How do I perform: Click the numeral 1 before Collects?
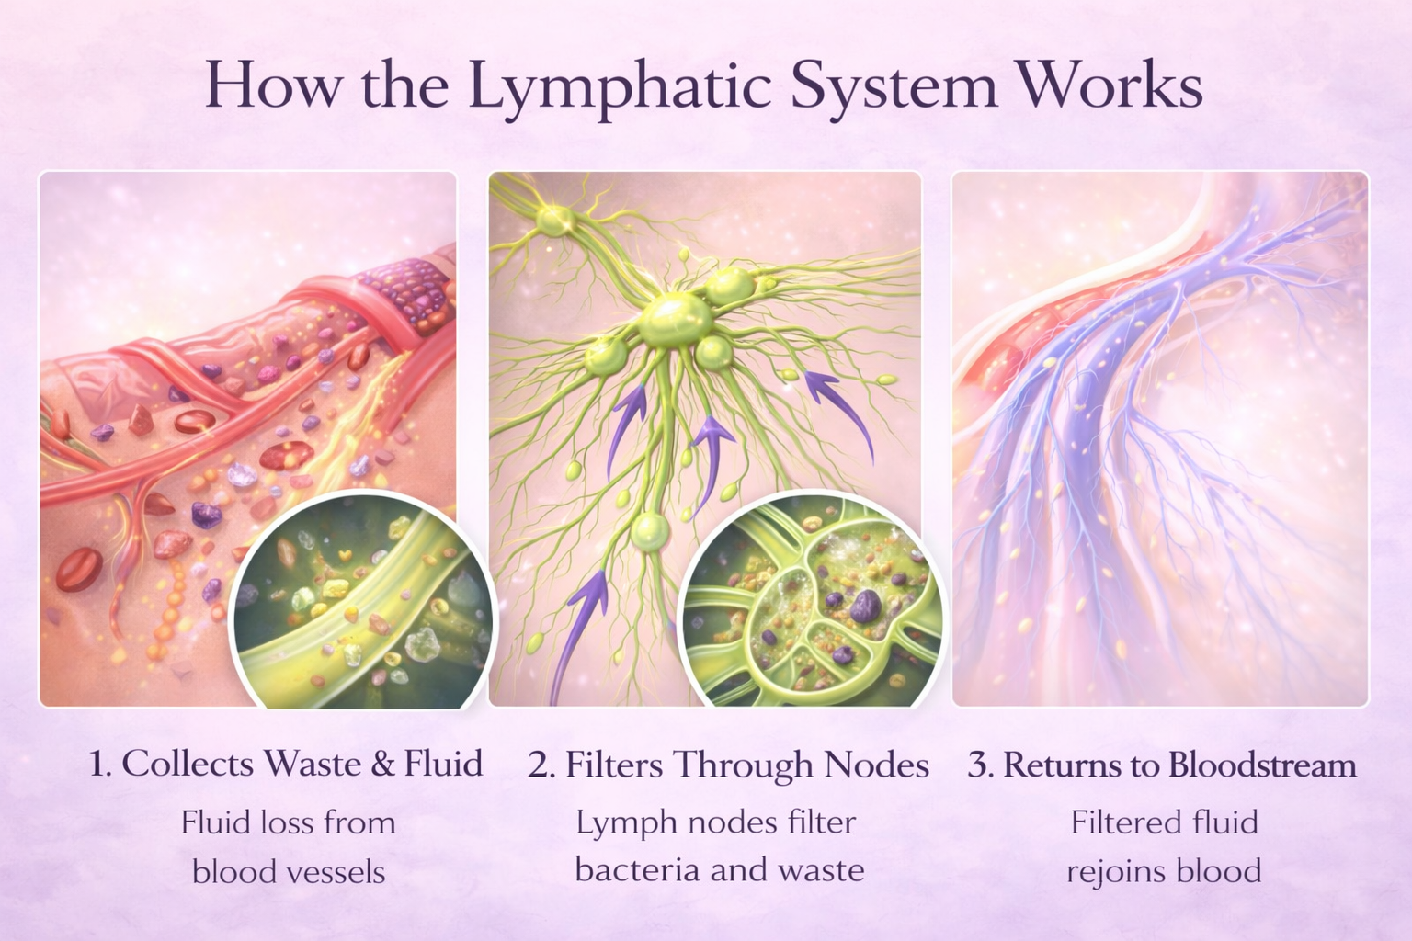pyautogui.click(x=99, y=765)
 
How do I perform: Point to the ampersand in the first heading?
pyautogui.click(x=381, y=765)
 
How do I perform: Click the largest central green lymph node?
pyautogui.click(x=676, y=318)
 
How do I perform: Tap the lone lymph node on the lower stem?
pyautogui.click(x=651, y=530)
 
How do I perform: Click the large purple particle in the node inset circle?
pyautogui.click(x=864, y=607)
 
